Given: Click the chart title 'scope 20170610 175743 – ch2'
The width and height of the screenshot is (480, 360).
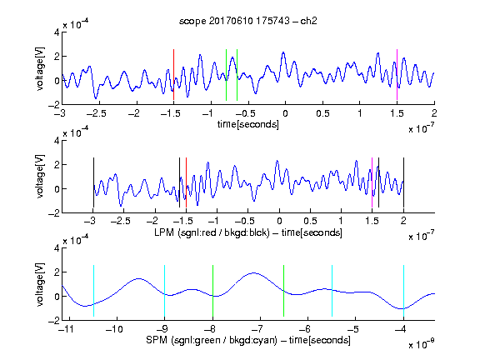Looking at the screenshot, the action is [248, 21].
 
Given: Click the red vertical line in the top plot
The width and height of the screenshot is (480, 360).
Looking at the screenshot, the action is [173, 75].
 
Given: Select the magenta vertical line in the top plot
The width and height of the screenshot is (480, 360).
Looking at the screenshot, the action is [397, 75].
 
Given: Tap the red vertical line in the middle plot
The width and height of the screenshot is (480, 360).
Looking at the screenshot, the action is [186, 182].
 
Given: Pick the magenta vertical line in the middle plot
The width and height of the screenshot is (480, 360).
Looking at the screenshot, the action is [372, 182].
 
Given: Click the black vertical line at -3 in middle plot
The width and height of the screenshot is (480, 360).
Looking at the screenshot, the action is [93, 182].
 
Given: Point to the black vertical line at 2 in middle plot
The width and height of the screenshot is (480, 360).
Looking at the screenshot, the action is [403, 182].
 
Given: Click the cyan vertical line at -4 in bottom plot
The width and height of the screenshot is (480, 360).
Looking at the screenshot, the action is [403, 291].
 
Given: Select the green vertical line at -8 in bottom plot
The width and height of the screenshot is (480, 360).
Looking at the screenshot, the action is [212, 291].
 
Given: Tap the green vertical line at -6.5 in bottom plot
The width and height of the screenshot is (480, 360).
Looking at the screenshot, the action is [284, 291].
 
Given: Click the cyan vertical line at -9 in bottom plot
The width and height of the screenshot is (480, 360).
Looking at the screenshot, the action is [165, 291].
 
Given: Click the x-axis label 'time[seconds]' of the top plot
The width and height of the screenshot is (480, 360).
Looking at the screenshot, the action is [248, 125].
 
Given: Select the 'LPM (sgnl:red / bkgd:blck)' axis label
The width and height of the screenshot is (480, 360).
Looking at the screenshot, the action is [212, 232].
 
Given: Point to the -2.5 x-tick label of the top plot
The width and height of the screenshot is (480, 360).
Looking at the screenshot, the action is [96, 113].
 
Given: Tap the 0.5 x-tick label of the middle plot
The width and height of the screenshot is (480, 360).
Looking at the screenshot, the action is [310, 221].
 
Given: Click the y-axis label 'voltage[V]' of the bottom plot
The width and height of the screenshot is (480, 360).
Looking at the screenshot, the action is [40, 284].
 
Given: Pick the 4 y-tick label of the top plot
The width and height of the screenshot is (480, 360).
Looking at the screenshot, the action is [57, 32].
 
